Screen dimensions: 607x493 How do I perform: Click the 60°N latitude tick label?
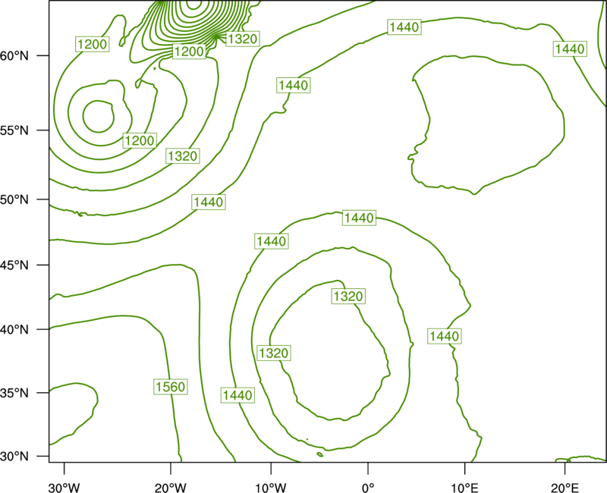point(14,56)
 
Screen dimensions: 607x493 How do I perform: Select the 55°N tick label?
point(14,130)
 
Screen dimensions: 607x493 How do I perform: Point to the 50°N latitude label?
point(14,199)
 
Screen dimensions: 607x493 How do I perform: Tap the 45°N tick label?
point(14,265)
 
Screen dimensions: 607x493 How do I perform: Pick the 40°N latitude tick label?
point(14,330)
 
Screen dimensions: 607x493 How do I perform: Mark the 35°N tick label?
point(14,393)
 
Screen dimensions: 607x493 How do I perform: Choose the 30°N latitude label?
point(14,457)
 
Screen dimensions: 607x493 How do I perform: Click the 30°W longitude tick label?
point(64,488)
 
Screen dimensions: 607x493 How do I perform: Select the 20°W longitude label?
point(171,488)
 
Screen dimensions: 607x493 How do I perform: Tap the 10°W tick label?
point(271,488)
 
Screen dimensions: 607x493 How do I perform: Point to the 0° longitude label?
point(368,488)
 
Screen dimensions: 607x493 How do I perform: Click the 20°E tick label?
point(565,488)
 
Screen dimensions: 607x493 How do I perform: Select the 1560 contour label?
point(170,386)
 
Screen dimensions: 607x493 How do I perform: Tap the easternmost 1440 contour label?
point(570,49)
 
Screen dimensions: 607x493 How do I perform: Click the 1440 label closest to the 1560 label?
point(237,395)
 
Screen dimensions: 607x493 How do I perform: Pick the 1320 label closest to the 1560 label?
point(274,353)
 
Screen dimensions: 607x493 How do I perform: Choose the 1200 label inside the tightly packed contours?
point(189,52)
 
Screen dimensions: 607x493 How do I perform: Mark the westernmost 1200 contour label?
point(92,44)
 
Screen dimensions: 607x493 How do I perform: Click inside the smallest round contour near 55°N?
point(99,117)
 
